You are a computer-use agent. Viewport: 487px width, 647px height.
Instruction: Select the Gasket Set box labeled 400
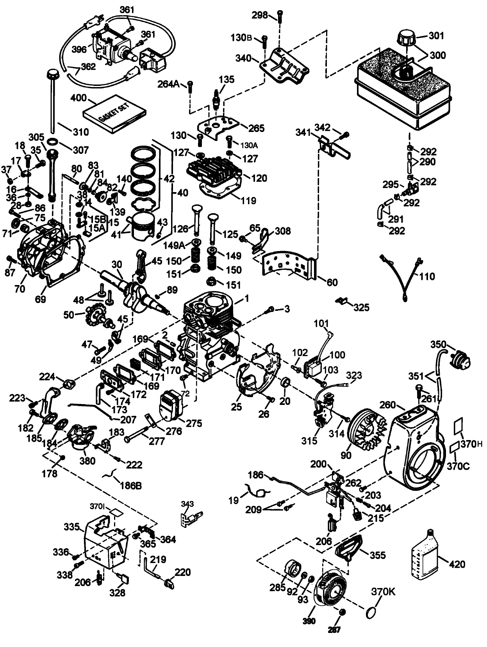click(114, 113)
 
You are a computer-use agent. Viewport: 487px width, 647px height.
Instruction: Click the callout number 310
click(80, 132)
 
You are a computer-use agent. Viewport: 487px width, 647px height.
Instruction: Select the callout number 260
click(387, 405)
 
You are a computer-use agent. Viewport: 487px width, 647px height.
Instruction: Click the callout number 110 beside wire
click(427, 276)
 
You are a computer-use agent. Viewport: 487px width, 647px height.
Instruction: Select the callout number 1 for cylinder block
click(247, 299)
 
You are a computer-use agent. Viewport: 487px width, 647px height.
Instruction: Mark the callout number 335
click(72, 527)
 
